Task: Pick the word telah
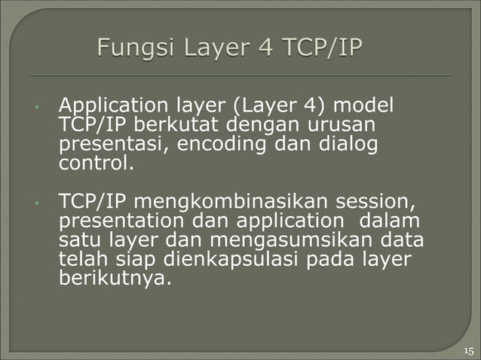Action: click(79, 260)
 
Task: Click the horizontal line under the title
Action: click(241, 76)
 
